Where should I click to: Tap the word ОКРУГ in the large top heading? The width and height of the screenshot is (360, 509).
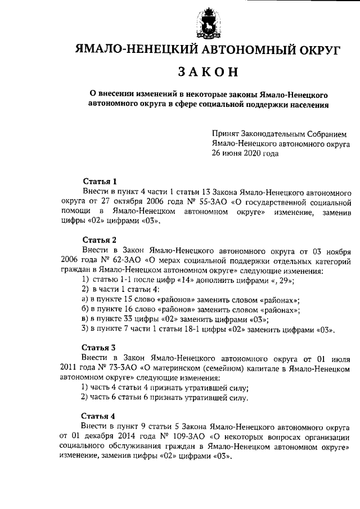316,50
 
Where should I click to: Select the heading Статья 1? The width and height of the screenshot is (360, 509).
100,181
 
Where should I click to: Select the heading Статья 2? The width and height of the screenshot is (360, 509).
100,240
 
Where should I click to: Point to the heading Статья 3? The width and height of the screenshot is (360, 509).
100,347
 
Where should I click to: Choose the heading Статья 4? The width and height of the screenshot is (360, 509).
100,416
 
